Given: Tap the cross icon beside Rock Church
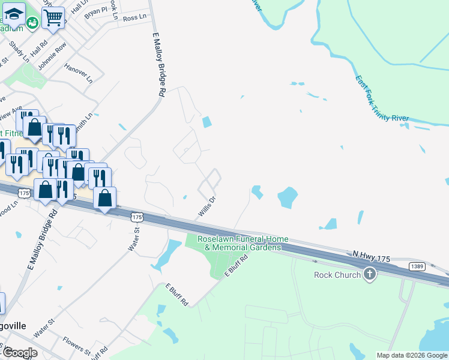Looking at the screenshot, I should [370, 275].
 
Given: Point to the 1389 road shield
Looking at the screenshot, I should [418, 266].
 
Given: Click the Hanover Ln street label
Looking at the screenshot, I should [79, 71].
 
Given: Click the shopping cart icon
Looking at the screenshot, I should [53, 18].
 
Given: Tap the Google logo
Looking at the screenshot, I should [19, 353].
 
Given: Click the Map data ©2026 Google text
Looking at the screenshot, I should [411, 355].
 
